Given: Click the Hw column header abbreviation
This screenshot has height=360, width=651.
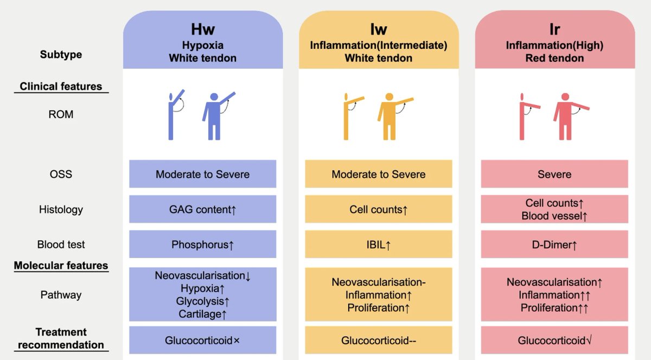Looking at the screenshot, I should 202,28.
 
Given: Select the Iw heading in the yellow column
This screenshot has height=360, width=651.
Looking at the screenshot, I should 378,28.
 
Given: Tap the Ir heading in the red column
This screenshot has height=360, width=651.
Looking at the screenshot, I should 554,29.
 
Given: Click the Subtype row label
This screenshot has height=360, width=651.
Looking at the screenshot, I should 61,54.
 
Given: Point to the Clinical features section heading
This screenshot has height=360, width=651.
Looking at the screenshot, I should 61,86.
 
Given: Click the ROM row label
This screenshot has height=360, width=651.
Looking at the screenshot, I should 61,114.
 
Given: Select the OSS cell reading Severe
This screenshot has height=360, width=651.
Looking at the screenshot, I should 554,174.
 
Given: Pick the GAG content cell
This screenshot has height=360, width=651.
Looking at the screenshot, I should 202,209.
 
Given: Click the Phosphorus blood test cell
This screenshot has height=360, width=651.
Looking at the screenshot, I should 202,245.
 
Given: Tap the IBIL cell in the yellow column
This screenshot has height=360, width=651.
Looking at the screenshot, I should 378,245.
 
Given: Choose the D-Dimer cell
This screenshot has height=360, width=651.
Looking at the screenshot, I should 554,245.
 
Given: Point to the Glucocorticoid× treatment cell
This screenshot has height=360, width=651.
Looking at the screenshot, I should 202,340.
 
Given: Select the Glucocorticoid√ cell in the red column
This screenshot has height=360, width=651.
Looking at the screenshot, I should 554,340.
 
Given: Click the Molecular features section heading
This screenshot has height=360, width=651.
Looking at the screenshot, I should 61,266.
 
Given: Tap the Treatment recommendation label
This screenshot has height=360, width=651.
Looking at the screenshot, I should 61,338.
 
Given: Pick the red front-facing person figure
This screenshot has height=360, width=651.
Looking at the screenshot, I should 565,115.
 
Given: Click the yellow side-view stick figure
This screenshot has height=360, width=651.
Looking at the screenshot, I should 347,115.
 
